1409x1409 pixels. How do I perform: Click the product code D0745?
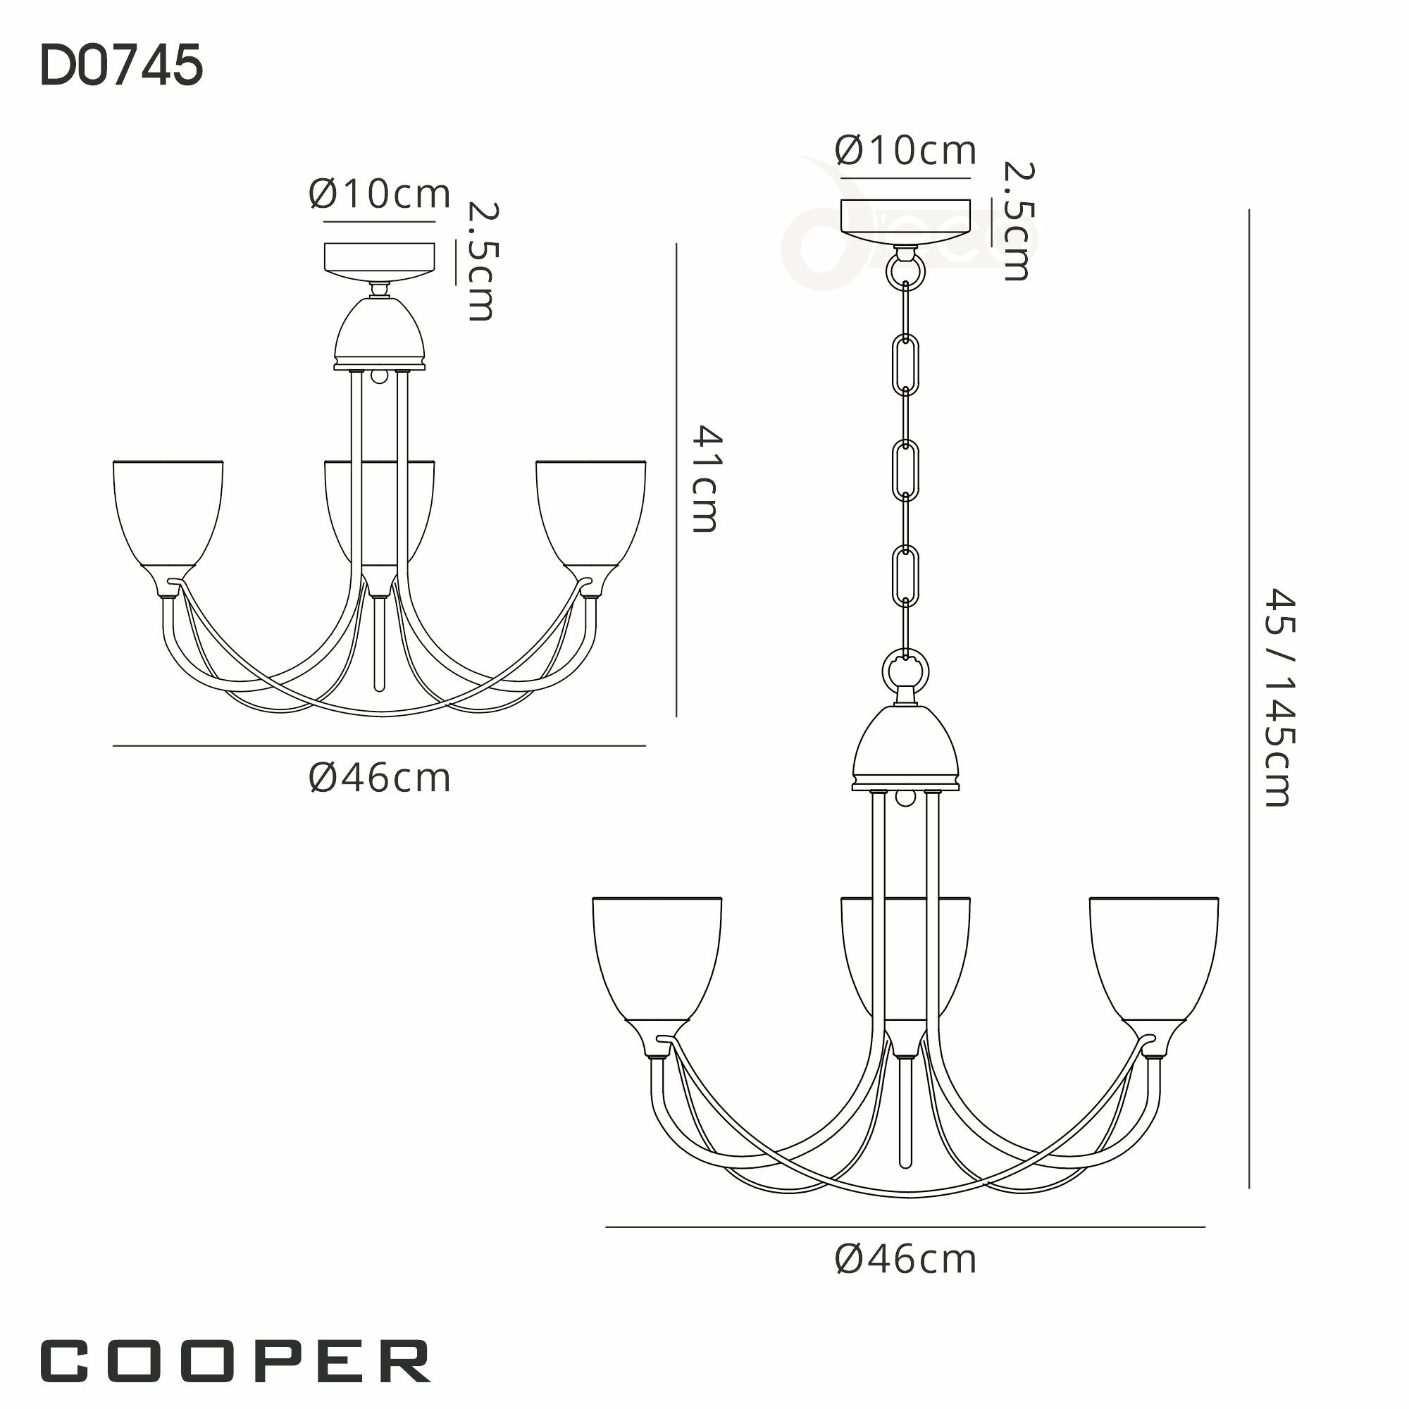[x=121, y=66]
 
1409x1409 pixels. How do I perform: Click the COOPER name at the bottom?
[x=235, y=1361]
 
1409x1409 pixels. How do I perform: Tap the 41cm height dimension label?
[x=705, y=479]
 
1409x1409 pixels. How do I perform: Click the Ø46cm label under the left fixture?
[x=379, y=778]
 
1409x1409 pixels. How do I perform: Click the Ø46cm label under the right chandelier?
[x=905, y=1260]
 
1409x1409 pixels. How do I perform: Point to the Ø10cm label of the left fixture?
[x=379, y=194]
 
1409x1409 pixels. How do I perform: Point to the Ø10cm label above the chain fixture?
[x=905, y=151]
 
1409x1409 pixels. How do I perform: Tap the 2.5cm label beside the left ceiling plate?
[x=482, y=261]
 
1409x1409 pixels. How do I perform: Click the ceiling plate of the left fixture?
[x=379, y=258]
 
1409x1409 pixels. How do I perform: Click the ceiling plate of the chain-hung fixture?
[x=905, y=216]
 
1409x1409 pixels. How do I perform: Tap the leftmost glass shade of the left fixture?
[x=168, y=511]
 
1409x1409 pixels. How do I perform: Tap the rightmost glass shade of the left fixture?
[x=591, y=511]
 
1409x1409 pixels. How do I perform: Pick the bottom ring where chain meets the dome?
[x=905, y=671]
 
